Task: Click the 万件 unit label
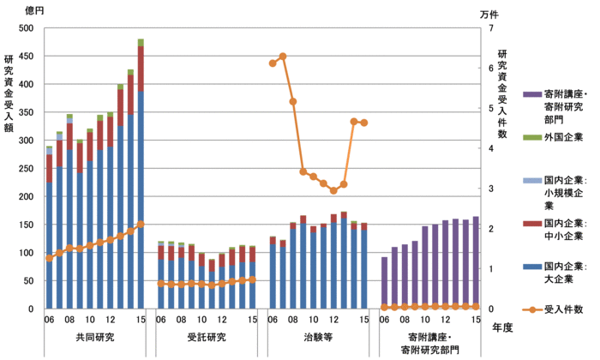(x=490, y=13)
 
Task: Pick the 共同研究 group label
(x=94, y=337)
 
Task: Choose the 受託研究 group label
(x=206, y=337)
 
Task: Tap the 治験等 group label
(x=317, y=337)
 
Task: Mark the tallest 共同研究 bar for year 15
(x=141, y=180)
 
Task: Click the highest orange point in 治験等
(x=282, y=57)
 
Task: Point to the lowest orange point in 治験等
(x=333, y=190)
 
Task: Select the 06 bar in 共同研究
(x=49, y=231)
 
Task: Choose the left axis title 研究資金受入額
(x=9, y=94)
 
